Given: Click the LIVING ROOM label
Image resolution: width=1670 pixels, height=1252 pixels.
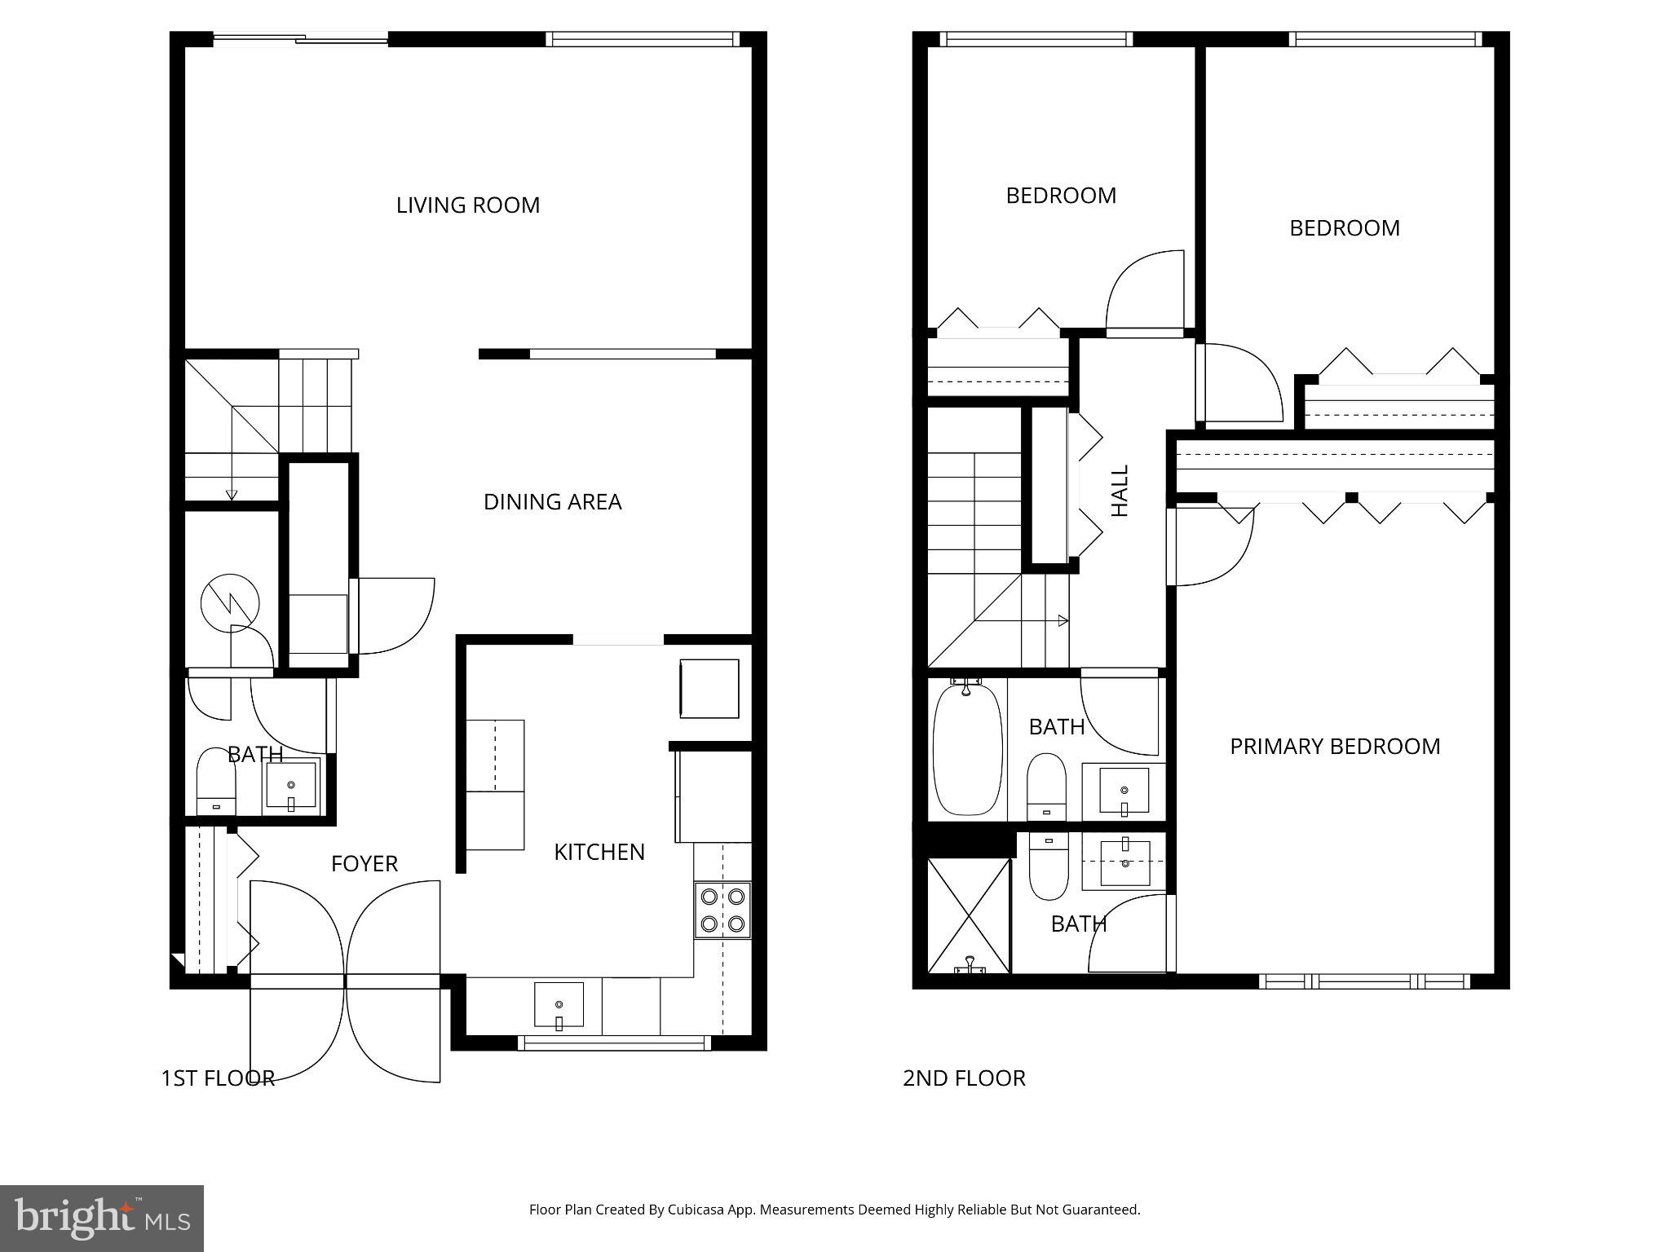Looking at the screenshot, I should [x=468, y=205].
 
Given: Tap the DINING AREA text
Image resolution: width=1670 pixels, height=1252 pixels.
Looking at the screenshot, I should [x=552, y=502].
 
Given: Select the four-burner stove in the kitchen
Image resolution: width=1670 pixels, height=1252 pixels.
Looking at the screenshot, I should [x=722, y=910].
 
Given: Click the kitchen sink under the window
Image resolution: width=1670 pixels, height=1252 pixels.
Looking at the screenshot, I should [x=559, y=1005].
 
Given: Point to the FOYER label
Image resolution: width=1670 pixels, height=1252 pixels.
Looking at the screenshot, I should [x=364, y=864].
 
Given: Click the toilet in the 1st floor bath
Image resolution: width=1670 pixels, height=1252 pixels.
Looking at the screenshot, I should [x=216, y=782].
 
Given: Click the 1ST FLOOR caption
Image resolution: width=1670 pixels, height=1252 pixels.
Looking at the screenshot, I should [x=218, y=1078].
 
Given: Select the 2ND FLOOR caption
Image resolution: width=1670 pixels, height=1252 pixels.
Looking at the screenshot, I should [x=964, y=1078].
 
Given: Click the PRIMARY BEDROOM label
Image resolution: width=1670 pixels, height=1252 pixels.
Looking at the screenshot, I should [x=1335, y=747].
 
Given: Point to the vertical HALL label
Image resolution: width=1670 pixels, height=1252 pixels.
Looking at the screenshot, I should [x=1120, y=491].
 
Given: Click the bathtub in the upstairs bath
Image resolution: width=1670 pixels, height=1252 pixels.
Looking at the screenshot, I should [x=967, y=750].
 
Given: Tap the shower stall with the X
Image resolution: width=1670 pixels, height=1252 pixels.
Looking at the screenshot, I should [x=969, y=915].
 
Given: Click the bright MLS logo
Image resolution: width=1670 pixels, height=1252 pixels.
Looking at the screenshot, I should [x=102, y=1218].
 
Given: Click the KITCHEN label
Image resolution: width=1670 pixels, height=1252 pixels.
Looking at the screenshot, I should [x=599, y=853].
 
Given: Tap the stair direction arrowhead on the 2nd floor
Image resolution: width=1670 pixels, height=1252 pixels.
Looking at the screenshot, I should [x=1063, y=620].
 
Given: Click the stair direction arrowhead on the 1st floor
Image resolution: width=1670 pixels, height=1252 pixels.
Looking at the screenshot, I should [x=232, y=494].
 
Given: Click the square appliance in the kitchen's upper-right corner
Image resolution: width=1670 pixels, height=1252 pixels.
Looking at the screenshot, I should [x=709, y=689].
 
